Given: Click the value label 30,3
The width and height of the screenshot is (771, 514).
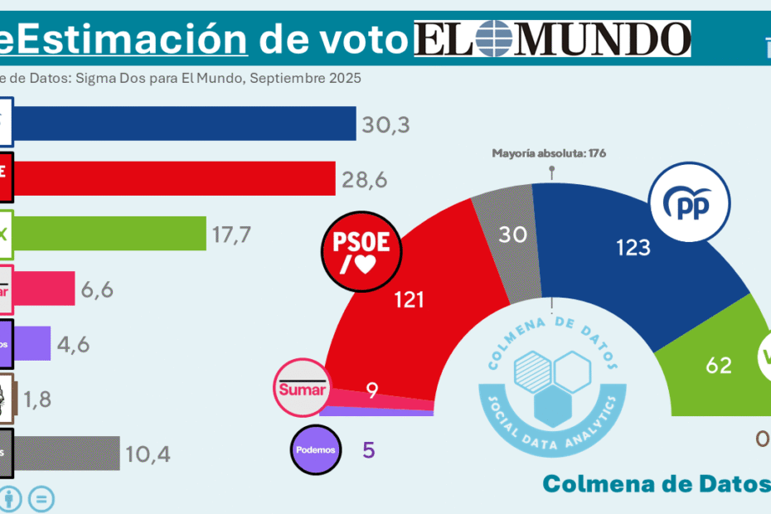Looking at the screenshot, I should click(386, 125).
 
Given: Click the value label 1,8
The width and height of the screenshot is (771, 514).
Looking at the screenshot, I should click(36, 399).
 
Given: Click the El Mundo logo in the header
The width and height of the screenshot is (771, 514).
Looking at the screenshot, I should click(552, 39).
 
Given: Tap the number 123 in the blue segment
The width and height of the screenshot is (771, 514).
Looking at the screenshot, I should click(633, 246).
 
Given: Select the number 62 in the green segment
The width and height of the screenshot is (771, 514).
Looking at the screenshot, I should click(718, 364).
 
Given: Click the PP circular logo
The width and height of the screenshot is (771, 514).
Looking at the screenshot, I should click(690, 205).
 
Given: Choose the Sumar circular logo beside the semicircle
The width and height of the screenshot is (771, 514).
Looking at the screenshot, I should click(303, 387).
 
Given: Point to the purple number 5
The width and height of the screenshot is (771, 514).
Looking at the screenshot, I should click(369, 450).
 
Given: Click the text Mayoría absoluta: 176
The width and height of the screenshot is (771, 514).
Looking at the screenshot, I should click(550, 153).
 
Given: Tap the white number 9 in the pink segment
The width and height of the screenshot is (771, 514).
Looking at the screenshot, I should click(372, 390).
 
